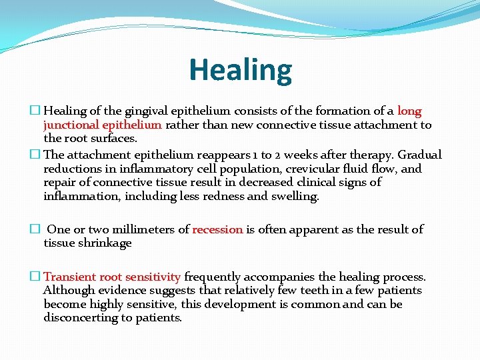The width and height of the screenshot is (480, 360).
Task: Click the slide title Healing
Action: (x=240, y=70)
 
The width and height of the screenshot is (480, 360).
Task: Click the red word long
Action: (x=409, y=111)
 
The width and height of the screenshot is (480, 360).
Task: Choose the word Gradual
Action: (x=420, y=155)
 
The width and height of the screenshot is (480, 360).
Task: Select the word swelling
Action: (x=296, y=196)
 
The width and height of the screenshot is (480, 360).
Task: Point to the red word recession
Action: (x=217, y=229)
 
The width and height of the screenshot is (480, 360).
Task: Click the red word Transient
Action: (x=71, y=277)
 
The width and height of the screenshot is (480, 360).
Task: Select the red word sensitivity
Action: (x=155, y=277)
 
